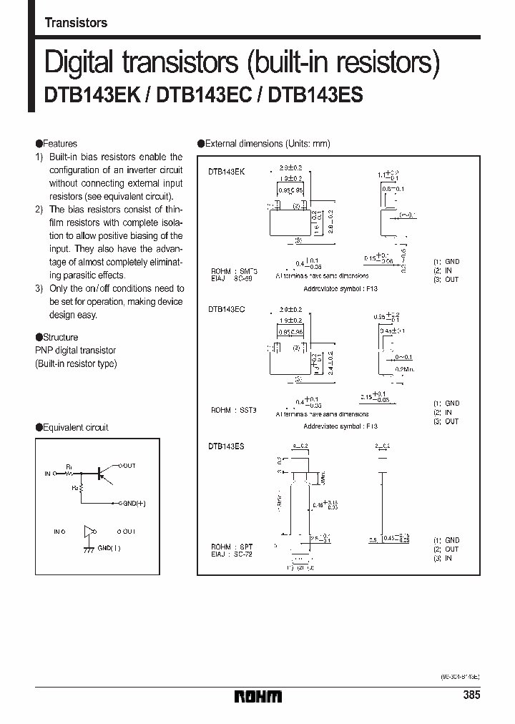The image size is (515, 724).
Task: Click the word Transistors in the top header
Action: (76, 23)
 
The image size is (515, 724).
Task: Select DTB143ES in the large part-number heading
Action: (315, 96)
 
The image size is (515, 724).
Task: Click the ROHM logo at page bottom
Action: (258, 695)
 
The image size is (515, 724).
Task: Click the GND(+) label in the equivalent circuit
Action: (133, 503)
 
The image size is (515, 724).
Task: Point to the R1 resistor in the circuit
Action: (71, 473)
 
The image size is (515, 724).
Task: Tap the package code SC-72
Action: (243, 554)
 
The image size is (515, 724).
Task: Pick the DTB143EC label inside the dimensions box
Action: (227, 309)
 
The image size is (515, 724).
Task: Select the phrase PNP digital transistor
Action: (76, 351)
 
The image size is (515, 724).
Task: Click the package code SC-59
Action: (243, 279)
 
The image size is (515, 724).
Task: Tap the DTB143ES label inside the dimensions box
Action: (227, 446)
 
